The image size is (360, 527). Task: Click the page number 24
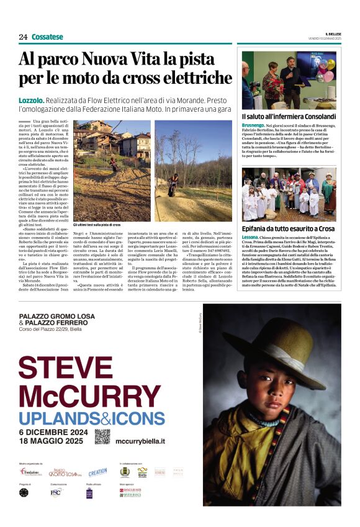(x=23, y=37)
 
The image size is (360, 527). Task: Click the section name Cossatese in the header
(x=47, y=37)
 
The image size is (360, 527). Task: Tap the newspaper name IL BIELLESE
(x=333, y=34)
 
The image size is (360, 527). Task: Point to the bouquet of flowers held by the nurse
(x=272, y=81)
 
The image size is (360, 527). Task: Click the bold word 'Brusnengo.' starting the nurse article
(x=253, y=125)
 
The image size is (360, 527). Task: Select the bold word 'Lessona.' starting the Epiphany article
(x=251, y=238)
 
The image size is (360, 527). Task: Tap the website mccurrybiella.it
(x=140, y=441)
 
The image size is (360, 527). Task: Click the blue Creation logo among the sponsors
(x=97, y=472)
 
